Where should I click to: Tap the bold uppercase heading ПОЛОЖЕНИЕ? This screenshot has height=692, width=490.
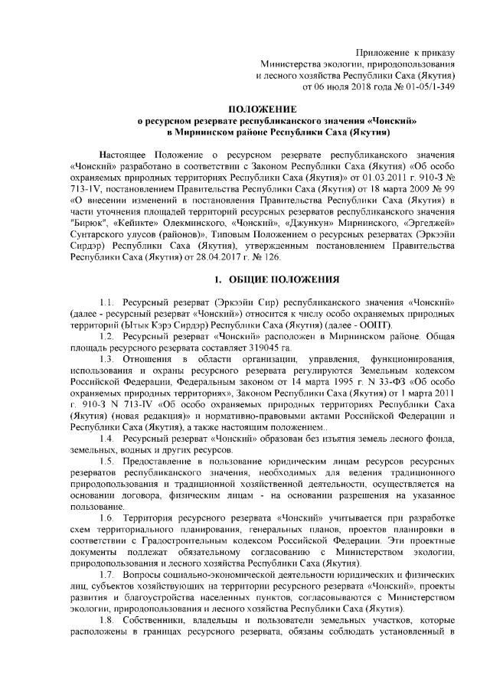click(263, 110)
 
